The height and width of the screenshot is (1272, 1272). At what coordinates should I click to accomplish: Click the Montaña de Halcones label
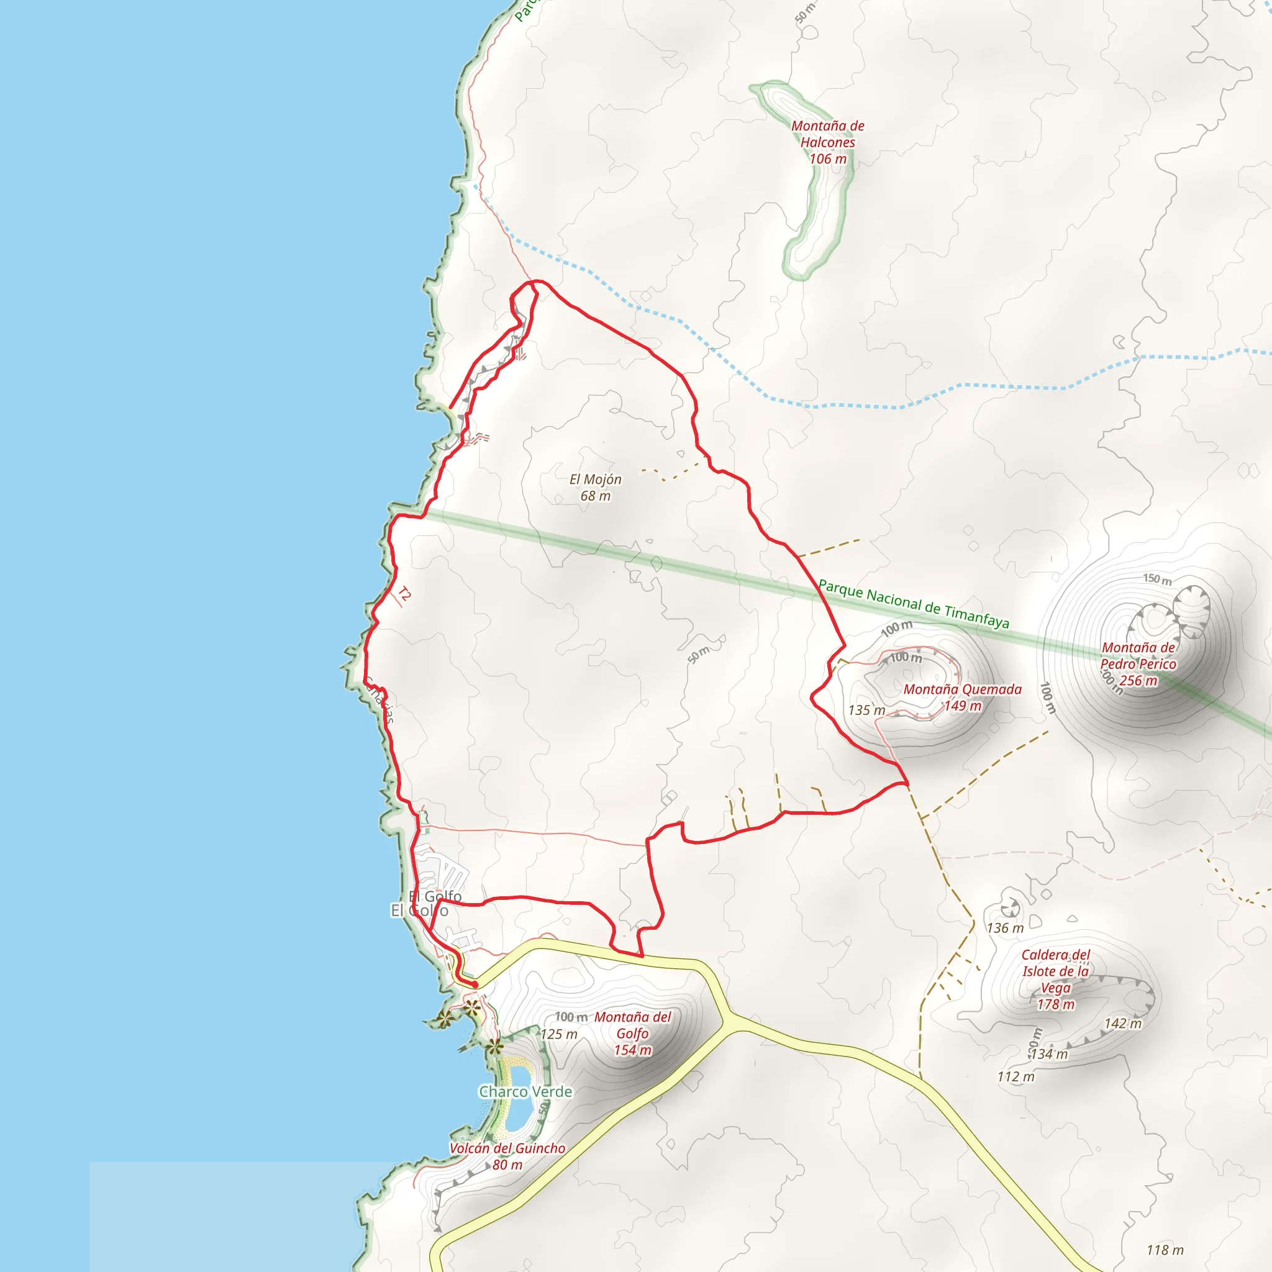(827, 142)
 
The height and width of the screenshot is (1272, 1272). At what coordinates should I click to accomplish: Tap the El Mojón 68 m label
(595, 488)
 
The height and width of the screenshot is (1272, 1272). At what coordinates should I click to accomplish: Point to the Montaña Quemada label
(962, 697)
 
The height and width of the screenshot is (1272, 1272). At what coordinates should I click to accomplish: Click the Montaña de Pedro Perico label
(1138, 664)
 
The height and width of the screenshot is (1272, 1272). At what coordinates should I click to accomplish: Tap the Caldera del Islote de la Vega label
(1055, 979)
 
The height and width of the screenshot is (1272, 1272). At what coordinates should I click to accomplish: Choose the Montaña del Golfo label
(633, 1033)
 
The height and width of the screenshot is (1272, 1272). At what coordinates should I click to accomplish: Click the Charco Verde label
(525, 1092)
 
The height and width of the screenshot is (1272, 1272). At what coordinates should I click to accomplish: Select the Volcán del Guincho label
(507, 1156)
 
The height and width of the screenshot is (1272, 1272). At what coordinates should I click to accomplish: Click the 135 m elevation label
(866, 710)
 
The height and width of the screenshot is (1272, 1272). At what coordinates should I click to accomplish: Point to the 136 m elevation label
(1005, 928)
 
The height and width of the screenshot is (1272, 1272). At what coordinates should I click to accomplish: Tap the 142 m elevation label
(1122, 1023)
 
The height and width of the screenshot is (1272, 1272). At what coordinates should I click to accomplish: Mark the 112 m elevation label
(1016, 1076)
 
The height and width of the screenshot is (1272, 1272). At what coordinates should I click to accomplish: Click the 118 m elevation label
(1165, 1250)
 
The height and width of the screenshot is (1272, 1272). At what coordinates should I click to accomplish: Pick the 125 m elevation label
(559, 1033)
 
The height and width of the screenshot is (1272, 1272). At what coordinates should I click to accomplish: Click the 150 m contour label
(1156, 579)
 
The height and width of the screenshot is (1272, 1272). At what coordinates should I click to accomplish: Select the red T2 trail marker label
(404, 594)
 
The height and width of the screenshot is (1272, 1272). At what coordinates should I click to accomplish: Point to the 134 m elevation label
(1049, 1054)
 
